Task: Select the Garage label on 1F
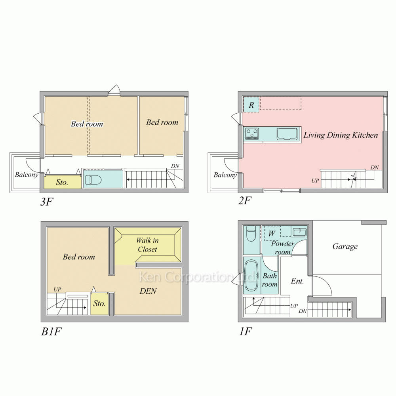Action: tap(345, 247)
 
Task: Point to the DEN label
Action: tap(148, 291)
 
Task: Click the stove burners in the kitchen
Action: tap(252, 133)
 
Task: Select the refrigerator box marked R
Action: tap(251, 105)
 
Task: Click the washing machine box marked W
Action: tap(272, 233)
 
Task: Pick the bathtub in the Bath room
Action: tap(251, 276)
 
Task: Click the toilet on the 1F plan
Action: tap(251, 234)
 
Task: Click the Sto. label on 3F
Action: tap(62, 183)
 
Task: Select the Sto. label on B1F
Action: tap(99, 304)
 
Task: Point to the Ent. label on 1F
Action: tap(297, 281)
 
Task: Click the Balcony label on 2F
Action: tap(225, 175)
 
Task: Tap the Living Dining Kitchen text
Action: tap(341, 135)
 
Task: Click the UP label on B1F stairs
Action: tap(57, 290)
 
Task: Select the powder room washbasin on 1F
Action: tap(299, 232)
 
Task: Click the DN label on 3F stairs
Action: tap(175, 166)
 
